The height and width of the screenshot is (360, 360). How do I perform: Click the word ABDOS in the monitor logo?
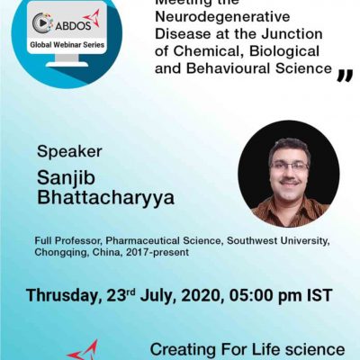73,26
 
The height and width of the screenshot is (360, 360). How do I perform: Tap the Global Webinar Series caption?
67,45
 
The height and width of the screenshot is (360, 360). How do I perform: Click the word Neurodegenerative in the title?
222,17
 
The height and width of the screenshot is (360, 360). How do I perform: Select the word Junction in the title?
292,34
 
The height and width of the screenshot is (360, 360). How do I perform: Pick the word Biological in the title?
284,51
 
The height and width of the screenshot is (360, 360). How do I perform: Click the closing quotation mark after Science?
345,76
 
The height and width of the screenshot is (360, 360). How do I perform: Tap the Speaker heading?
69,151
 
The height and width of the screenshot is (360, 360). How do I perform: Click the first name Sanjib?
66,178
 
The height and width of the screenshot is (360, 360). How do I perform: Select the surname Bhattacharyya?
105,197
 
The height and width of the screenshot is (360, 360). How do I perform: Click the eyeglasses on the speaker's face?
289,166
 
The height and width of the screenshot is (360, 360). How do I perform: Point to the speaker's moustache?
289,182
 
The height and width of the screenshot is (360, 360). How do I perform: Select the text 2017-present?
157,252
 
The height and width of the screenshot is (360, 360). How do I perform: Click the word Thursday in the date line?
62,295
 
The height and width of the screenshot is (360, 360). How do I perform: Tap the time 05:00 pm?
265,295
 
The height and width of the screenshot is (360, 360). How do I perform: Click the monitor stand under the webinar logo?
67,60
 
